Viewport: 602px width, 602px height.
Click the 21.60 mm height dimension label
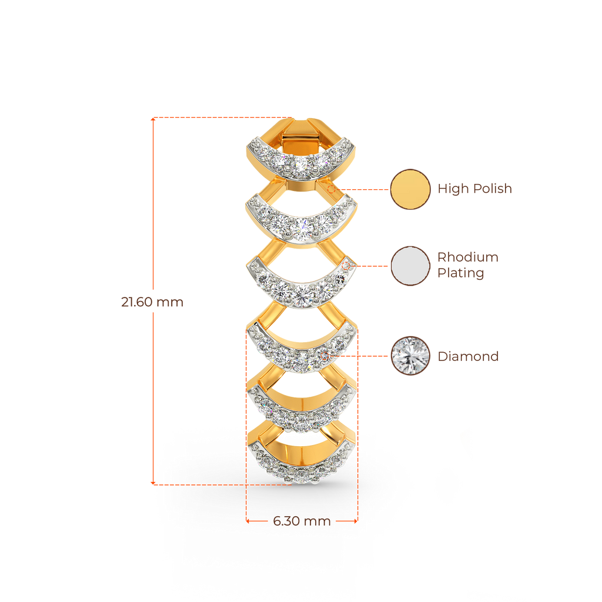pyautogui.click(x=152, y=302)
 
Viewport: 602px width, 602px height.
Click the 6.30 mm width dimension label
pyautogui.click(x=302, y=521)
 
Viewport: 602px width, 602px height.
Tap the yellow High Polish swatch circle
pyautogui.click(x=410, y=189)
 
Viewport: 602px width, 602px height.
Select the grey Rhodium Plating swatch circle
pyautogui.click(x=410, y=266)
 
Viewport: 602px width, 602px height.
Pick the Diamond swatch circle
pyautogui.click(x=410, y=356)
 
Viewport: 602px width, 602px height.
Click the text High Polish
pyautogui.click(x=475, y=189)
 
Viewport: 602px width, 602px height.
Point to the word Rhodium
pyautogui.click(x=467, y=257)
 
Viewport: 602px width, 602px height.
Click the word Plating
pyautogui.click(x=461, y=273)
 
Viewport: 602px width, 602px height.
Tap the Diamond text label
pyautogui.click(x=468, y=356)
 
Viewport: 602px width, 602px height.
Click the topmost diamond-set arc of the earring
pyautogui.click(x=301, y=162)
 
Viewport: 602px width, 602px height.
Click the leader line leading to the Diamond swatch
pyautogui.click(x=359, y=356)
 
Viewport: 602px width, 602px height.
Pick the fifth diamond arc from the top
pyautogui.click(x=301, y=414)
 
